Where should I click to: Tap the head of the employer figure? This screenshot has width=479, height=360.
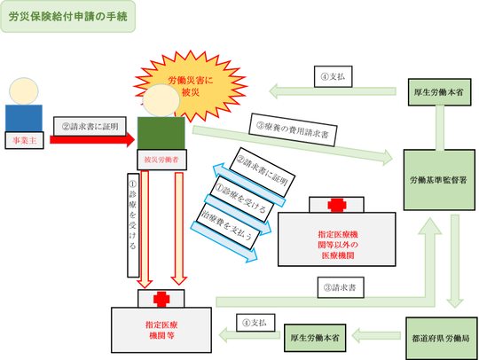coord(24,90)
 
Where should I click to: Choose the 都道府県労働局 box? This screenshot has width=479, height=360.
coord(440,337)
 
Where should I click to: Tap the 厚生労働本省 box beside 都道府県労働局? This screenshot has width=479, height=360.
coord(317,336)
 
